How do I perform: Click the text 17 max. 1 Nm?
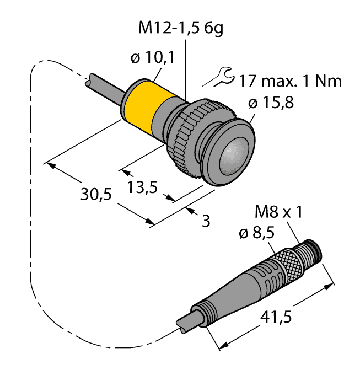point(289,81)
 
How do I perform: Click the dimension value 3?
point(206,222)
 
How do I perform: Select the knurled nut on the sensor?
point(187,132)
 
